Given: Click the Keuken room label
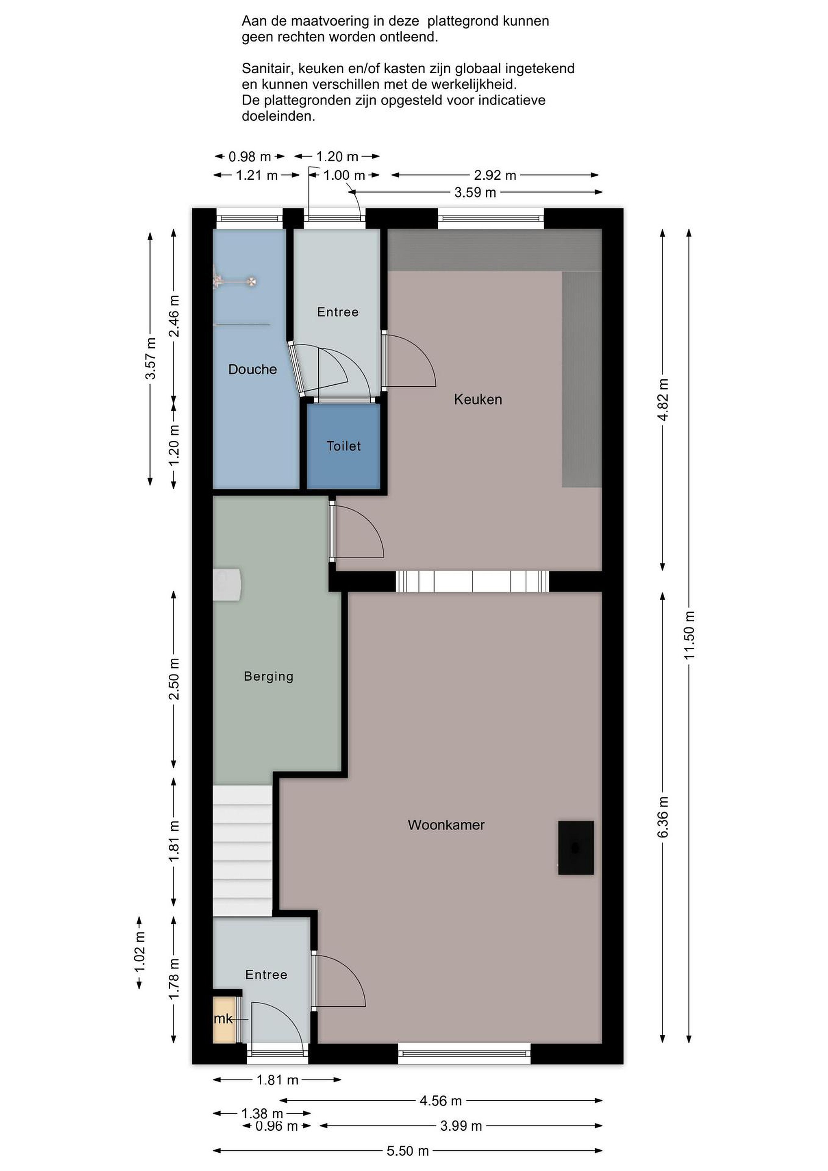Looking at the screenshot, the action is point(478,399).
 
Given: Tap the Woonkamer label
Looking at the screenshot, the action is point(446,825).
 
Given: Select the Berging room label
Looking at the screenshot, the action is point(269,676).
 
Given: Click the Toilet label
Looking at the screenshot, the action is point(343,446).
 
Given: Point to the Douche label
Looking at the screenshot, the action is point(252,369).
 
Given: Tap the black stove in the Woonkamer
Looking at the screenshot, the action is point(576,848).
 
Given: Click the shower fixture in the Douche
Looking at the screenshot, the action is point(235,281).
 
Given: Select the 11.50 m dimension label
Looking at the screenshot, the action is point(689,635).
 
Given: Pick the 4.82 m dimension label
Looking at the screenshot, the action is point(663,399).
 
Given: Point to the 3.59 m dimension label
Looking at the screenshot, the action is point(475,192).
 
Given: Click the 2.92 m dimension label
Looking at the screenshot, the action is point(495,175).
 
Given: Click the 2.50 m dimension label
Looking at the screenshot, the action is point(174,679).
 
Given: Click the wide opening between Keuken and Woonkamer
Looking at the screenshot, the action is point(472,581).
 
